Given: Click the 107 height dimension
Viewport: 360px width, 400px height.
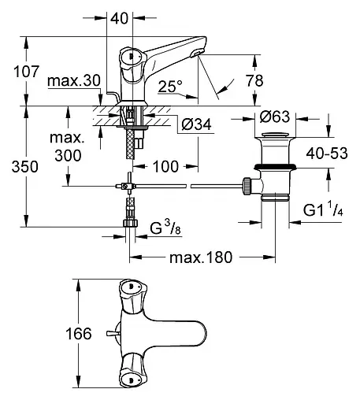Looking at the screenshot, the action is coord(26,72).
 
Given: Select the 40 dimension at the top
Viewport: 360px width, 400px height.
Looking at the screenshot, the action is coord(120,18).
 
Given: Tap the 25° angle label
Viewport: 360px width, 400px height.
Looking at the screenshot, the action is coord(170,86).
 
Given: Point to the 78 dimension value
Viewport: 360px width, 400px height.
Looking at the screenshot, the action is coord(254,80).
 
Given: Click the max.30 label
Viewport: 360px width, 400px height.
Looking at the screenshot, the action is coord(74,80).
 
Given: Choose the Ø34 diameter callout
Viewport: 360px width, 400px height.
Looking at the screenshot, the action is coord(197,124).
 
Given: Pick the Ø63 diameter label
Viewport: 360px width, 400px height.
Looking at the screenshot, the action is coord(275,117).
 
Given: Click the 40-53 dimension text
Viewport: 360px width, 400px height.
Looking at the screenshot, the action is coord(327,153).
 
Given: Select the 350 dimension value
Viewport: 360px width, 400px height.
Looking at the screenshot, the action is coord(25,167).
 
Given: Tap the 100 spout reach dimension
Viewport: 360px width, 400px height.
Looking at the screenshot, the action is coord(165,166).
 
